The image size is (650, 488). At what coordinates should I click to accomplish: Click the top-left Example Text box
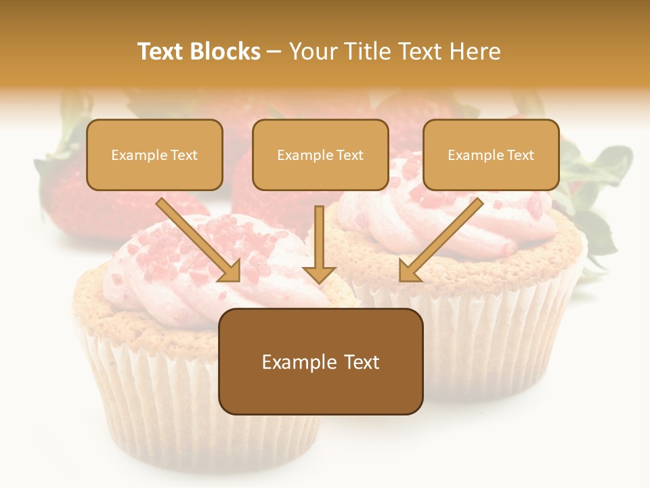pyautogui.click(x=154, y=155)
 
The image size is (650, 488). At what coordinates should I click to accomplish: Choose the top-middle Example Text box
pyautogui.click(x=320, y=155)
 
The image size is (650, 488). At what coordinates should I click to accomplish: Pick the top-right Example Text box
pyautogui.click(x=491, y=155)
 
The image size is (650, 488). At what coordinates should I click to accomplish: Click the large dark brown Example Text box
pyautogui.click(x=320, y=362)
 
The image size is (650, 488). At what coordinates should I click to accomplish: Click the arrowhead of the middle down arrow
pyautogui.click(x=319, y=273)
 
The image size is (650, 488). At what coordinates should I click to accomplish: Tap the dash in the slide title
pyautogui.click(x=274, y=52)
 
